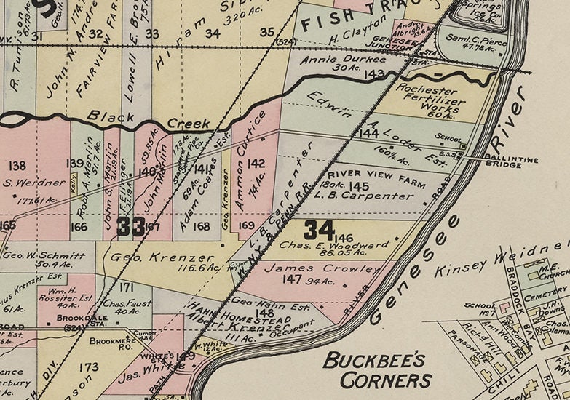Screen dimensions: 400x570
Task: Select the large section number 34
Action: coord(320,230)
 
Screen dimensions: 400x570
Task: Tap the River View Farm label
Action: coord(365,175)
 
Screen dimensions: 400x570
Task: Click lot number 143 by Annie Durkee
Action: coord(376,74)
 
